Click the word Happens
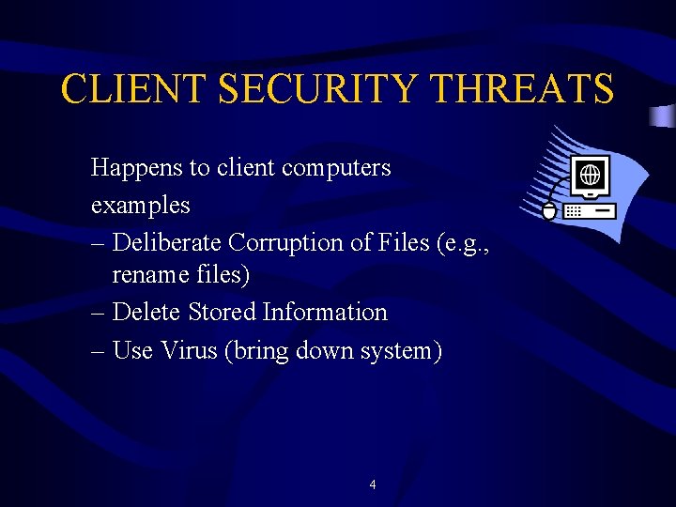(136, 168)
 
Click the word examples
(140, 205)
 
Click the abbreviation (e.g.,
(464, 242)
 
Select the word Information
(325, 312)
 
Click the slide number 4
(373, 485)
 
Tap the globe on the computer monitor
(591, 175)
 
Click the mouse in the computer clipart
(549, 209)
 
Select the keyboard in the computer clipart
(590, 210)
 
